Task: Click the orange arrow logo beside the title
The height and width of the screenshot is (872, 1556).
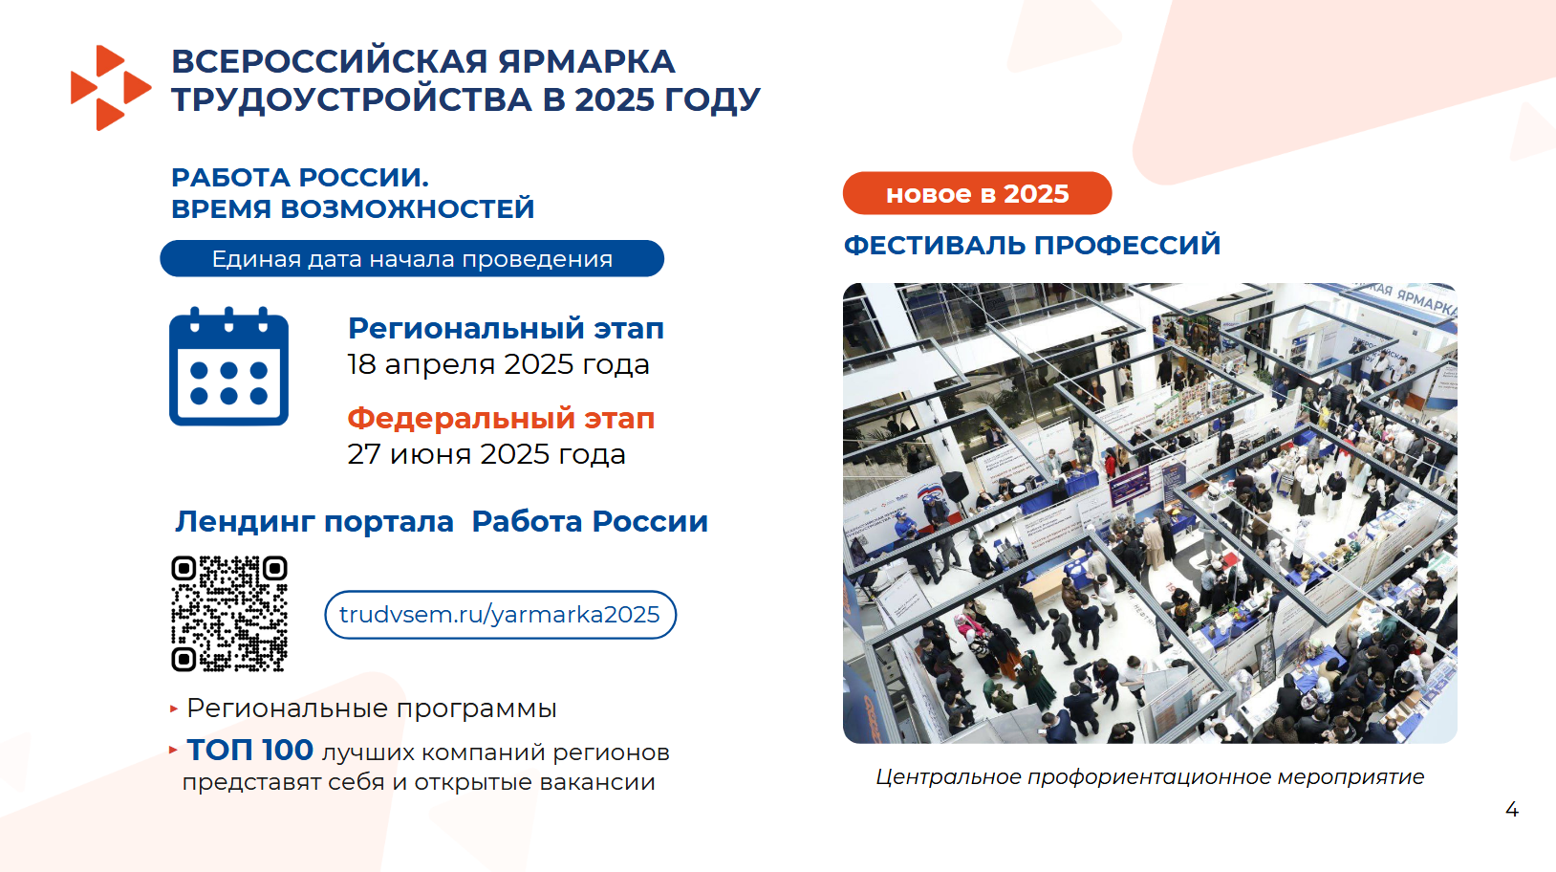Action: [x=111, y=88]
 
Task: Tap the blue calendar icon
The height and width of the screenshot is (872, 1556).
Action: [x=228, y=366]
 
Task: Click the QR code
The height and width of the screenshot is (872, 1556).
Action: [x=229, y=614]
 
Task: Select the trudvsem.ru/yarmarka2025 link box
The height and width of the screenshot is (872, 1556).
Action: [x=500, y=614]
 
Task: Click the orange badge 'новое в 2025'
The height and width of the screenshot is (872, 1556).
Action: [x=977, y=193]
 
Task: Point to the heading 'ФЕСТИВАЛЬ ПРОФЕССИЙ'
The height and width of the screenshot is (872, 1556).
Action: [x=1032, y=246]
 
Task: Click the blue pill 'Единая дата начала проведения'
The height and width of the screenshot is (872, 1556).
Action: [x=412, y=258]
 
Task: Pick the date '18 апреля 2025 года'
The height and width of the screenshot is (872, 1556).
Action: [x=498, y=364]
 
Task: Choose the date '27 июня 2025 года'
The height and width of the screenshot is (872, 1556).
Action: [x=486, y=454]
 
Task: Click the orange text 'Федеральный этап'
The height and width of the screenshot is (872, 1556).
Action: [x=501, y=418]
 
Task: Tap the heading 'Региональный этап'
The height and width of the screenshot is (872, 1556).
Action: [x=506, y=329]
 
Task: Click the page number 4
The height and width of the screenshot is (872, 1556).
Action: [x=1511, y=810]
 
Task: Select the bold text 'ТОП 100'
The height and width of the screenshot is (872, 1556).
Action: [x=250, y=751]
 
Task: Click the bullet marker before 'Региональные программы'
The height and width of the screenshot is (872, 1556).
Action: [x=174, y=708]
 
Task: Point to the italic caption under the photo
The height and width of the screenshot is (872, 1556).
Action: [x=1150, y=776]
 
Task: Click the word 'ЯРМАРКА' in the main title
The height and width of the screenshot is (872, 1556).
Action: [x=586, y=61]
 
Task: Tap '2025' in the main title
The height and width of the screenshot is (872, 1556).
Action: [x=615, y=99]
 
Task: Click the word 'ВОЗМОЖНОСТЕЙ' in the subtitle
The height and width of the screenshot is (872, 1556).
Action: [x=407, y=208]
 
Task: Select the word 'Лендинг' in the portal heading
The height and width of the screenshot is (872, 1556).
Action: [x=246, y=522]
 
